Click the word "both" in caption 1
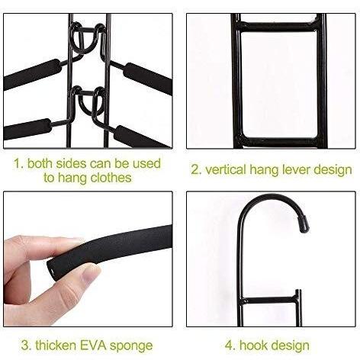click(40, 163)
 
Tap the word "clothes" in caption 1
click(111, 178)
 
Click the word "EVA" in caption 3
click(93, 346)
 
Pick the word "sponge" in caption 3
click(131, 346)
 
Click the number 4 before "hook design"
click(230, 346)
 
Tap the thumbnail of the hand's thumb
click(89, 273)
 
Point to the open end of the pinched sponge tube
click(51, 270)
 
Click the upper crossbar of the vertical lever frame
click(278, 27)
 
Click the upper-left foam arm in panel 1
click(32, 74)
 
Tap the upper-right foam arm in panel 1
click(148, 79)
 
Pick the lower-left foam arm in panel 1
click(27, 129)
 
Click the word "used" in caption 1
click(146, 163)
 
